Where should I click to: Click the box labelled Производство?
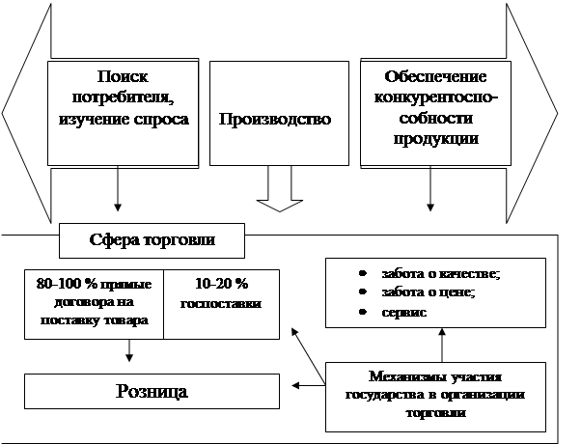pos(279,120)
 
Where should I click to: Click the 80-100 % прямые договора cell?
pos(95,303)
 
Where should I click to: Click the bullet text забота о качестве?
pos(428,274)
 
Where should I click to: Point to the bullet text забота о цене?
pos(421,292)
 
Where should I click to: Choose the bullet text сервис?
pos(404,312)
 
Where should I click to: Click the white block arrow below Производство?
pos(280,191)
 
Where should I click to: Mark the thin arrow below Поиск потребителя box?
pos(117,188)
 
